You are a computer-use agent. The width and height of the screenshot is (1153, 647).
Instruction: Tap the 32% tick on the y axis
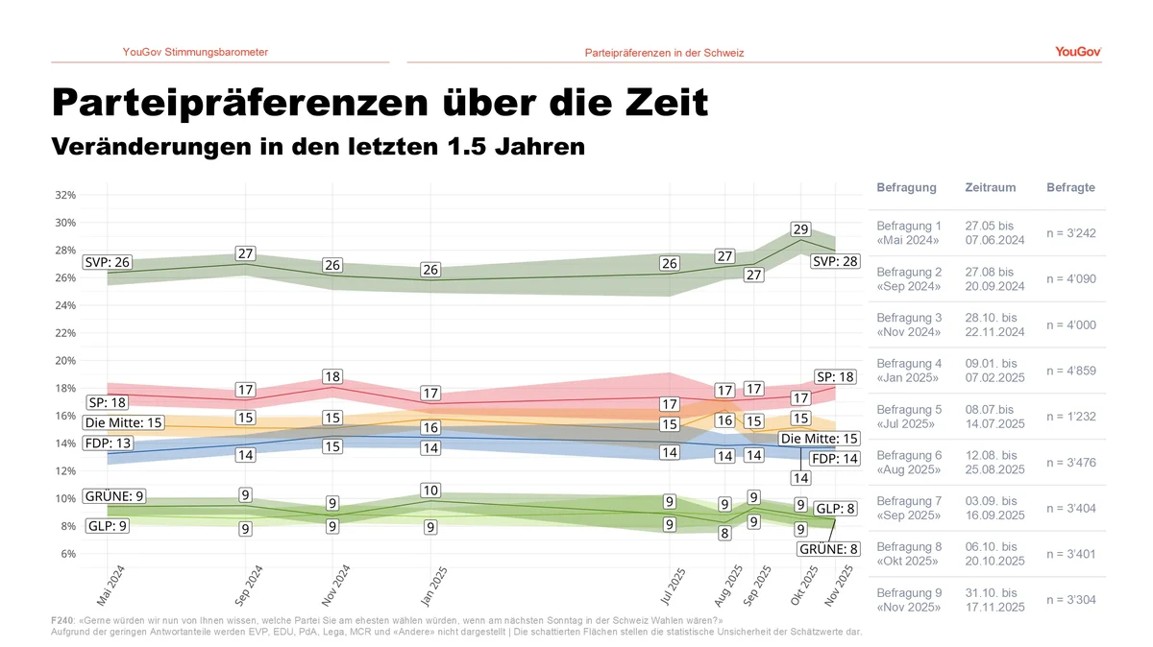64,195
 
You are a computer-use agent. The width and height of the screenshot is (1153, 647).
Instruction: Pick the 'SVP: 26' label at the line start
108,262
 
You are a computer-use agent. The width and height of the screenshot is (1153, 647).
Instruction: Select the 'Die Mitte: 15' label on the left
124,422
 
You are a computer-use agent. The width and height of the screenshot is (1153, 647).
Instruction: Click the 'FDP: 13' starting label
108,443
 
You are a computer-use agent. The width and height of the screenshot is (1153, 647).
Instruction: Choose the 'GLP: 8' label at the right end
835,509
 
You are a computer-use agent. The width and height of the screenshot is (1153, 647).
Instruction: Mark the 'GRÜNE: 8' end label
828,550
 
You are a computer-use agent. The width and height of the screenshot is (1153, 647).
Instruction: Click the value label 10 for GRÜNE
431,491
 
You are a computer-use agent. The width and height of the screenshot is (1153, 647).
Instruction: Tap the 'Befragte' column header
1070,188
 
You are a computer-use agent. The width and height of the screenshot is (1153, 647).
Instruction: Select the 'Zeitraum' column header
990,188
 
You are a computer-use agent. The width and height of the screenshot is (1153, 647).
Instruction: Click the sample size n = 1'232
1071,417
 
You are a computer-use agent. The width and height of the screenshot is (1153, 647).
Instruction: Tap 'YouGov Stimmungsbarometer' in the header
195,52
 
